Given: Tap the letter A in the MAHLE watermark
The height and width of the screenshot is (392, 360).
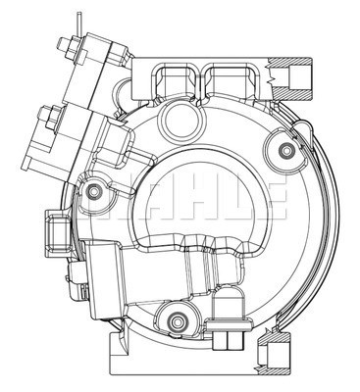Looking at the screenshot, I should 146,198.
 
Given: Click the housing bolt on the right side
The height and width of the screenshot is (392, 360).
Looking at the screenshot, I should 285,150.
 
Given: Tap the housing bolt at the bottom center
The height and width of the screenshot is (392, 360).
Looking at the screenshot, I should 178,318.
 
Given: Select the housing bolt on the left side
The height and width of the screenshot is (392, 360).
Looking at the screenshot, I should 94,188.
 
